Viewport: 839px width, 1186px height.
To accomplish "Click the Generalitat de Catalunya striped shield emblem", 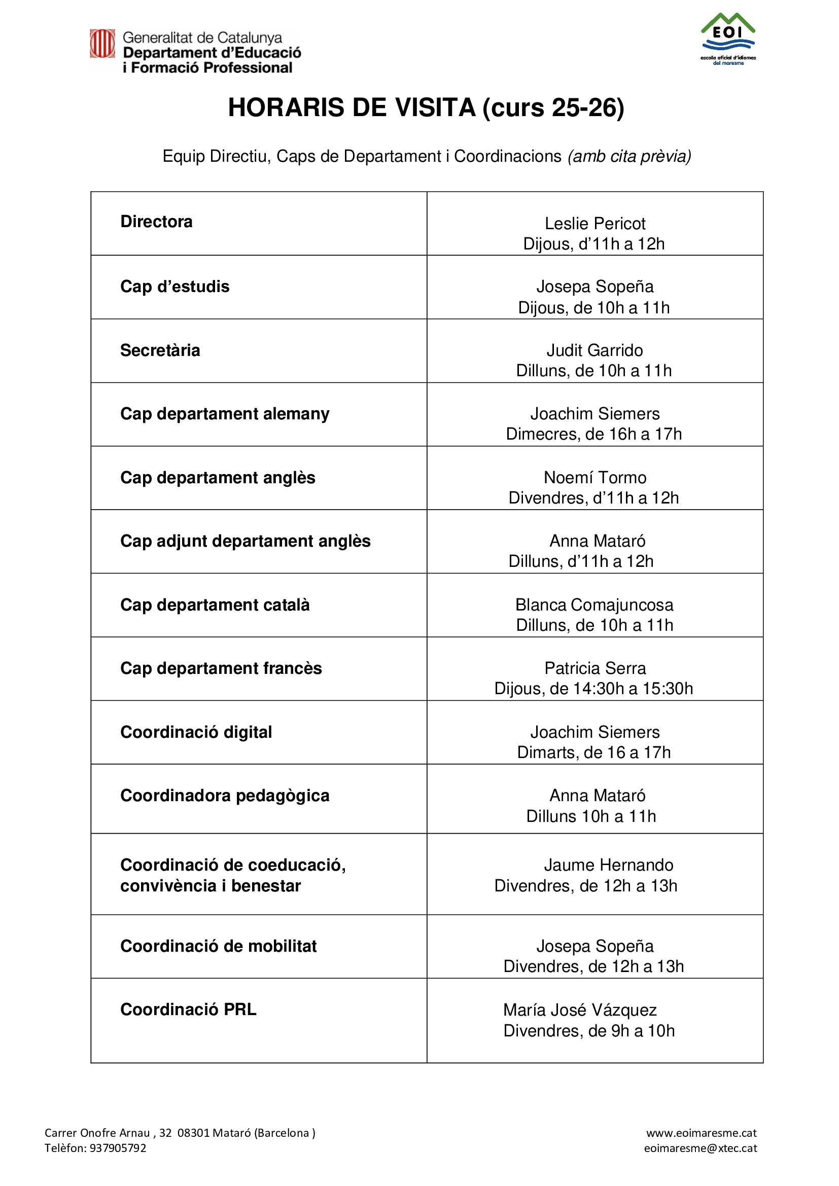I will tap(102, 44).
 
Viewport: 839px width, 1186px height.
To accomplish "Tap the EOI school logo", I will tap(728, 39).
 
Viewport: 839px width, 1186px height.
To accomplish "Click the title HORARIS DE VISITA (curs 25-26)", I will tap(426, 108).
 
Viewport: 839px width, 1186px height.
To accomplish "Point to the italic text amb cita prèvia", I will tap(629, 156).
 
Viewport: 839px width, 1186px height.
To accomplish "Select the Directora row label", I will tap(156, 222).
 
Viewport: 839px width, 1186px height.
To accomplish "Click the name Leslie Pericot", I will tap(595, 224).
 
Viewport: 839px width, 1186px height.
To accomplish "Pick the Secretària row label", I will tap(160, 350).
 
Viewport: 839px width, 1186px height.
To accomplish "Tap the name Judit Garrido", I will tap(595, 350).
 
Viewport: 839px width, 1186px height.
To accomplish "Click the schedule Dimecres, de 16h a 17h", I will tap(593, 434).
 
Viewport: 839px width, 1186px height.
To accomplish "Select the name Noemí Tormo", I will tap(595, 477).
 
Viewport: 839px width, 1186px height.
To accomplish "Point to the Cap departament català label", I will tap(215, 605).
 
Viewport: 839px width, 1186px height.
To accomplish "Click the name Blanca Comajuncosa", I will tap(594, 605).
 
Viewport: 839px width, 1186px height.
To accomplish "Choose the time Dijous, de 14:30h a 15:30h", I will tap(593, 689).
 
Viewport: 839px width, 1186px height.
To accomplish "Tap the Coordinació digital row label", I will tap(196, 732).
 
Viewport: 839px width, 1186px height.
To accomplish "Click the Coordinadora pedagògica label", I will tap(225, 796).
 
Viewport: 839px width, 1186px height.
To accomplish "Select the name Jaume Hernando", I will tap(608, 865).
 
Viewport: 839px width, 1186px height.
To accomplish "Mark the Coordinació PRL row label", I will tap(188, 1009).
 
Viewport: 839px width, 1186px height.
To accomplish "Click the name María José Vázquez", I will tap(580, 1010).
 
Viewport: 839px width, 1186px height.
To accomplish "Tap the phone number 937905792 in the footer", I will tap(118, 1148).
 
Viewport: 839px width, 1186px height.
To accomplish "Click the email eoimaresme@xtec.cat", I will tap(700, 1148).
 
